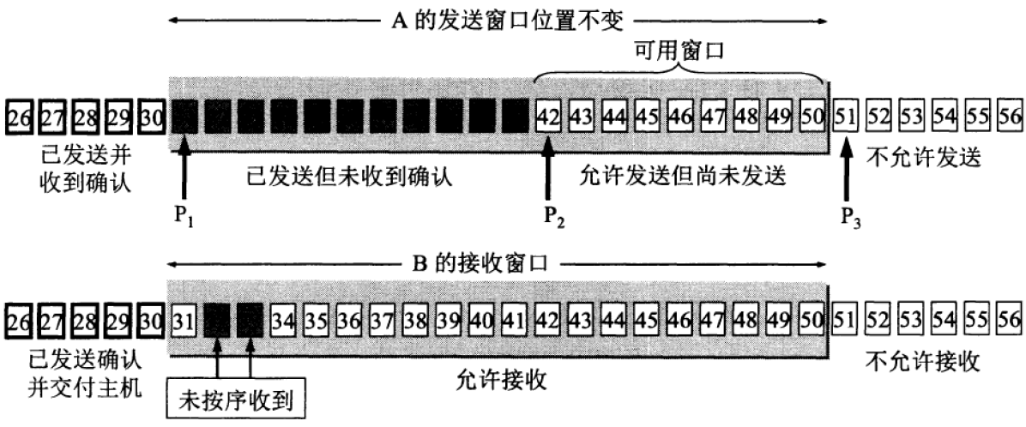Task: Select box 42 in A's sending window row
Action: pos(547,115)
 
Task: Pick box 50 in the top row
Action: pos(812,115)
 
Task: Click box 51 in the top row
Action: pos(845,115)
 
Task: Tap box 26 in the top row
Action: pos(18,115)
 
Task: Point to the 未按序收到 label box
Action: pos(233,400)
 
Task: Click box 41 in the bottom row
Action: pos(515,320)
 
